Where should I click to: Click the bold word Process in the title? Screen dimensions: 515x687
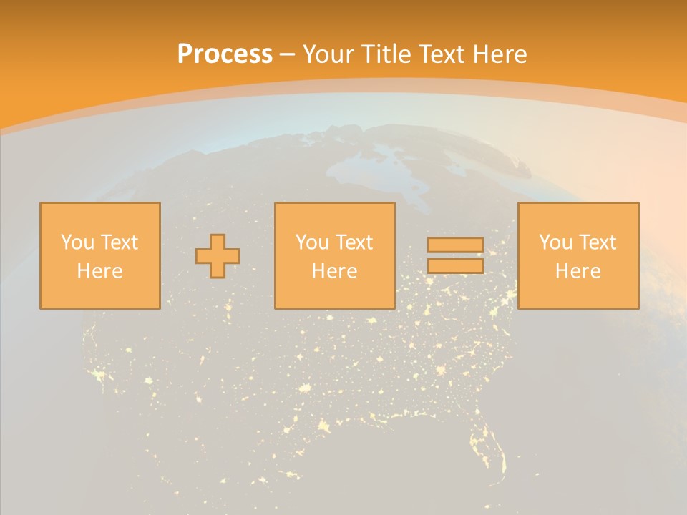225,54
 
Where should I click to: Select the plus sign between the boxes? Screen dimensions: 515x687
218,256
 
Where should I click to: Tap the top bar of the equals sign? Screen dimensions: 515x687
455,245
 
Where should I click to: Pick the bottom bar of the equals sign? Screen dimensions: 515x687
455,265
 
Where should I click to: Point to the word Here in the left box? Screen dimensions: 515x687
99,271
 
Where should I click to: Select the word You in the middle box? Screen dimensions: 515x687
311,242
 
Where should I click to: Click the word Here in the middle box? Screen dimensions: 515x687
334,271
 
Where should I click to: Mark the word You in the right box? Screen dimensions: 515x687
555,242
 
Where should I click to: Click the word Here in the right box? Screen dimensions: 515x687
578,271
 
